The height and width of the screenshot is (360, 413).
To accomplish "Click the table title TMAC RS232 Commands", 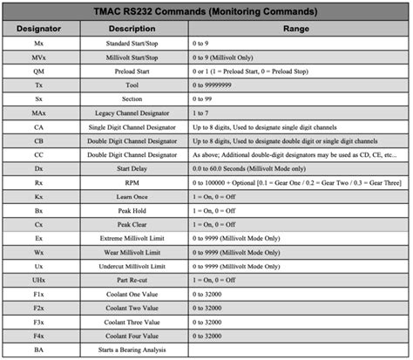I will click(x=206, y=11).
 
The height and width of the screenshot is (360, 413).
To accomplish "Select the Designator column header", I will click(x=40, y=29).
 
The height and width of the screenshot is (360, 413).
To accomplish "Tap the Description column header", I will click(x=132, y=29).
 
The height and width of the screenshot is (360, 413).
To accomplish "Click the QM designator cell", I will click(x=40, y=71).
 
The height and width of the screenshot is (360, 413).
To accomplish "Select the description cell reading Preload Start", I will click(x=132, y=71).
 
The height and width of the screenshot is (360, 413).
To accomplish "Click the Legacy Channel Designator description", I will click(x=132, y=113).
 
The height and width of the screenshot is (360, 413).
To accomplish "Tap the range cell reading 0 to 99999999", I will click(x=220, y=85).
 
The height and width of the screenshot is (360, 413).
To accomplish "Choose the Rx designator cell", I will click(x=40, y=183).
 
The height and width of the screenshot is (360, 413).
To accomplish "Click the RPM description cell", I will click(x=132, y=183).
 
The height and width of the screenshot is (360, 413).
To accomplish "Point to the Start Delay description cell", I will click(x=132, y=169).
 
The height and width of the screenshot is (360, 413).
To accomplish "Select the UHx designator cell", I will click(x=40, y=281).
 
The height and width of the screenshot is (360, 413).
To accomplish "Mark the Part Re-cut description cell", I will click(x=132, y=281).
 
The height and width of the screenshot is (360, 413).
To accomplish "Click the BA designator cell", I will click(x=40, y=350).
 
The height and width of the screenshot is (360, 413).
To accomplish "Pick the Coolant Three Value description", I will click(x=132, y=323).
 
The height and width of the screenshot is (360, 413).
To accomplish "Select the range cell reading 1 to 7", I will click(x=203, y=113).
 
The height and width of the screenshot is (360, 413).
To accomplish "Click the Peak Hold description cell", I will click(x=132, y=211).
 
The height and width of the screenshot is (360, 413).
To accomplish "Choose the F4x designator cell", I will click(x=40, y=336).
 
